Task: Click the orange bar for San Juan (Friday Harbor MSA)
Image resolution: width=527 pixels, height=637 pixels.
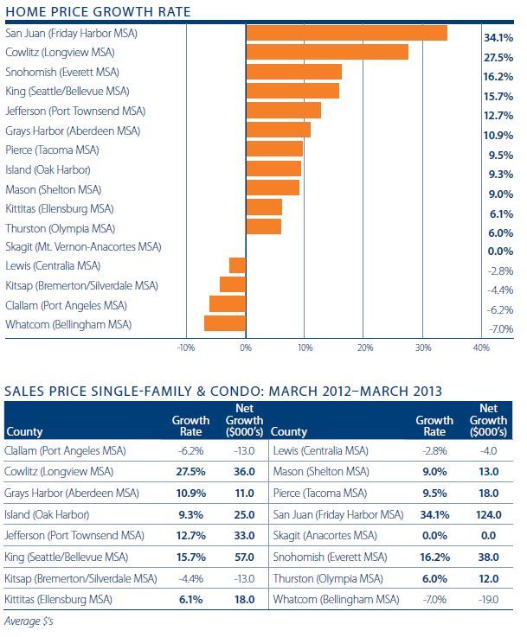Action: tap(346, 33)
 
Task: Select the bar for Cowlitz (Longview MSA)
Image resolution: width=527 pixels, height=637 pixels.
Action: tap(327, 53)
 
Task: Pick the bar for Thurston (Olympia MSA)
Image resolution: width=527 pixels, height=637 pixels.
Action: tap(264, 227)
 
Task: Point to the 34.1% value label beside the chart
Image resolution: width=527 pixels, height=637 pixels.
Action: tap(497, 39)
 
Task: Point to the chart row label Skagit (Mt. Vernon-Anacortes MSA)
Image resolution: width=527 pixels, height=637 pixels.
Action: tap(83, 247)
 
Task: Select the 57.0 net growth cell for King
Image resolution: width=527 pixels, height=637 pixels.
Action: tap(245, 556)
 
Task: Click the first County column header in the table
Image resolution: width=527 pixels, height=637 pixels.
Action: tap(25, 431)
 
